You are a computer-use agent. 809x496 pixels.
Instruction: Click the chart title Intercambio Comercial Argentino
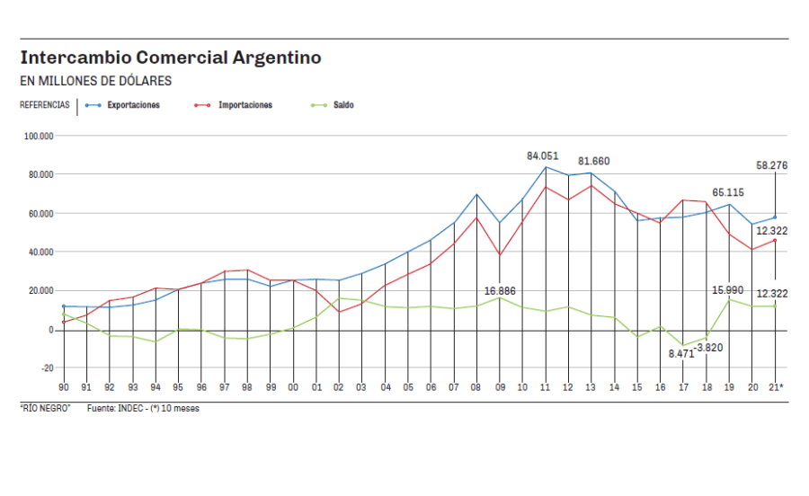(x=171, y=58)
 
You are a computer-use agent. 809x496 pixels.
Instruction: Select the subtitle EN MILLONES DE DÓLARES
(x=95, y=81)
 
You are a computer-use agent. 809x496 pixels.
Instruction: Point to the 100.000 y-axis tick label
(x=40, y=137)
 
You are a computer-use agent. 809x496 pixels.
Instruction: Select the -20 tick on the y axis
(x=45, y=368)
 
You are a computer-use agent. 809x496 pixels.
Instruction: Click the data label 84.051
(x=542, y=156)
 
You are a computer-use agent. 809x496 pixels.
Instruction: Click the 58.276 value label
(x=772, y=165)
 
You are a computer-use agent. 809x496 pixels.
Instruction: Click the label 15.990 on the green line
(x=728, y=289)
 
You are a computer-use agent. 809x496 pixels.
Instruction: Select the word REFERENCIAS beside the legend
(x=45, y=105)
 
